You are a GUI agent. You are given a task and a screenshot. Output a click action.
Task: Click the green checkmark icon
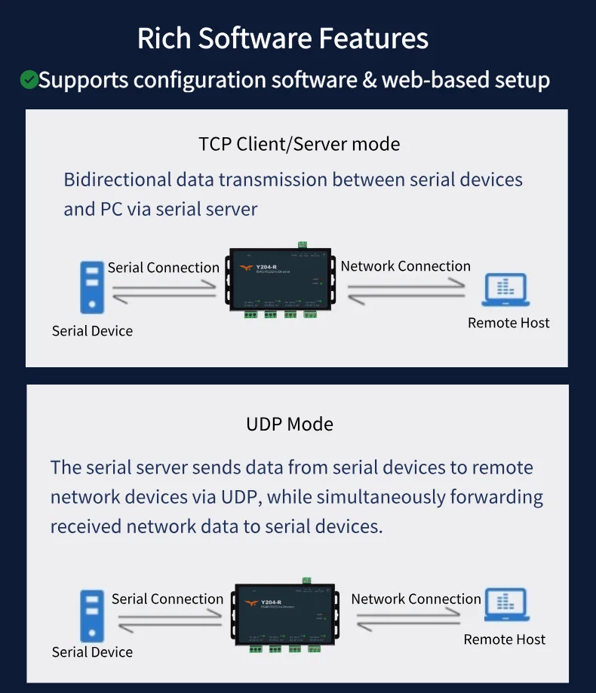29,79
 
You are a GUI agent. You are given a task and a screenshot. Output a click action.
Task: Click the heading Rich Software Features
282,38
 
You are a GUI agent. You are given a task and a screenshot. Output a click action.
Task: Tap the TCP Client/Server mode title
299,143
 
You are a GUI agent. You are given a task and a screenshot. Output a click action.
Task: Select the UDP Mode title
290,424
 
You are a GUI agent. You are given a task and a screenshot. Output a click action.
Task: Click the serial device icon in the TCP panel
92,287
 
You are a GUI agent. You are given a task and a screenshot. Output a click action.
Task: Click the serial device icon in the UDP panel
92,615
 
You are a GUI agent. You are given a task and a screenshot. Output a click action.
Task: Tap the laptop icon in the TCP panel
505,292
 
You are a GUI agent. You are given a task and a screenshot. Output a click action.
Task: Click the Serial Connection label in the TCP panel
163,268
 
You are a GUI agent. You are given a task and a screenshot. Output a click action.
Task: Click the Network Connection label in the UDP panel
416,599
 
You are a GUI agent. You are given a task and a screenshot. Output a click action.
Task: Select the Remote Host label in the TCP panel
508,323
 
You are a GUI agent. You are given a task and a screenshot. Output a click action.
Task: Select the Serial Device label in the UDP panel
92,652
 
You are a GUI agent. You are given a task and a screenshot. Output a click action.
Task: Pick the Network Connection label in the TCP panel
405,266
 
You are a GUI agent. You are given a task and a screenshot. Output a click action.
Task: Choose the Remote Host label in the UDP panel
504,639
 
